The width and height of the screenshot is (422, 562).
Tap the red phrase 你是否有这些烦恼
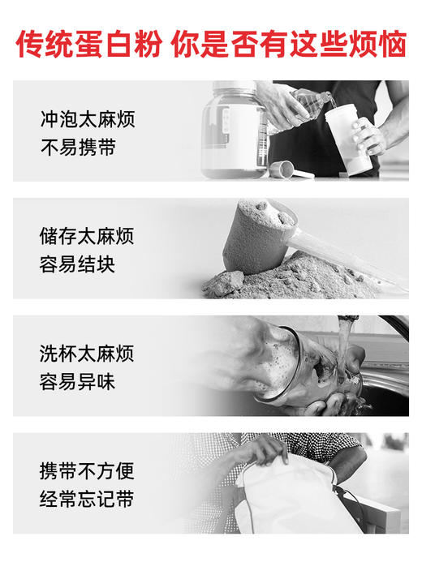[288, 44]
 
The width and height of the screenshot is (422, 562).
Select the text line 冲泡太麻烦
[87, 120]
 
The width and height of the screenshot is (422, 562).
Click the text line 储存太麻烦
[87, 237]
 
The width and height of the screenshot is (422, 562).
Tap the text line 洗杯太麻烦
[87, 354]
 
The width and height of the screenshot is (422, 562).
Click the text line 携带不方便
[87, 470]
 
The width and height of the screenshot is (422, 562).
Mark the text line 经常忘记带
[87, 499]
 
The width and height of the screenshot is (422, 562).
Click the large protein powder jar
[235, 130]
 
